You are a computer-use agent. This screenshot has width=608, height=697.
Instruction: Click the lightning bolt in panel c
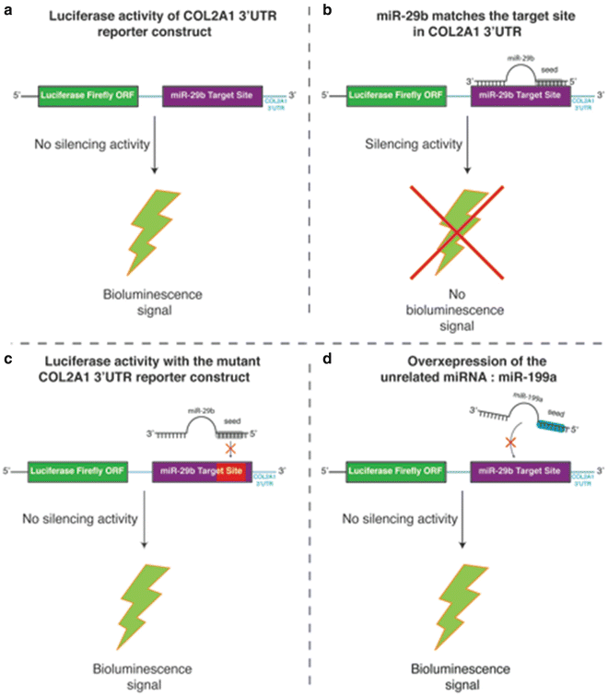(x=140, y=590)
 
